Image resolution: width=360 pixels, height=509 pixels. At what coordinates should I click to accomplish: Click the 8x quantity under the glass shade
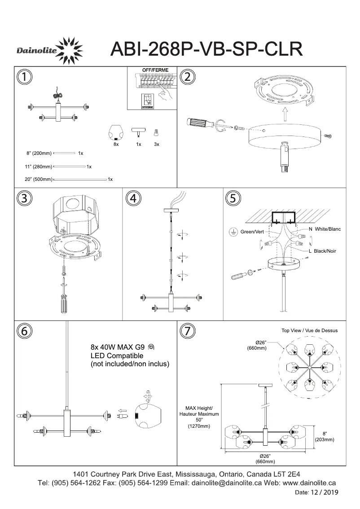[116, 145]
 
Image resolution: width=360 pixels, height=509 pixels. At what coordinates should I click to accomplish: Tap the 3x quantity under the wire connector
[156, 145]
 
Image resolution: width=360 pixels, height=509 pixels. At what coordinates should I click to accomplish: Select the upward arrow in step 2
[284, 114]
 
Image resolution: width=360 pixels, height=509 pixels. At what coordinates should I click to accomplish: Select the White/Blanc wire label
[328, 229]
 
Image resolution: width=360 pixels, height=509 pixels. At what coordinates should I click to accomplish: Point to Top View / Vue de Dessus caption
[310, 330]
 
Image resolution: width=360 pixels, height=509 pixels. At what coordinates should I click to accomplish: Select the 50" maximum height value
[199, 420]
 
